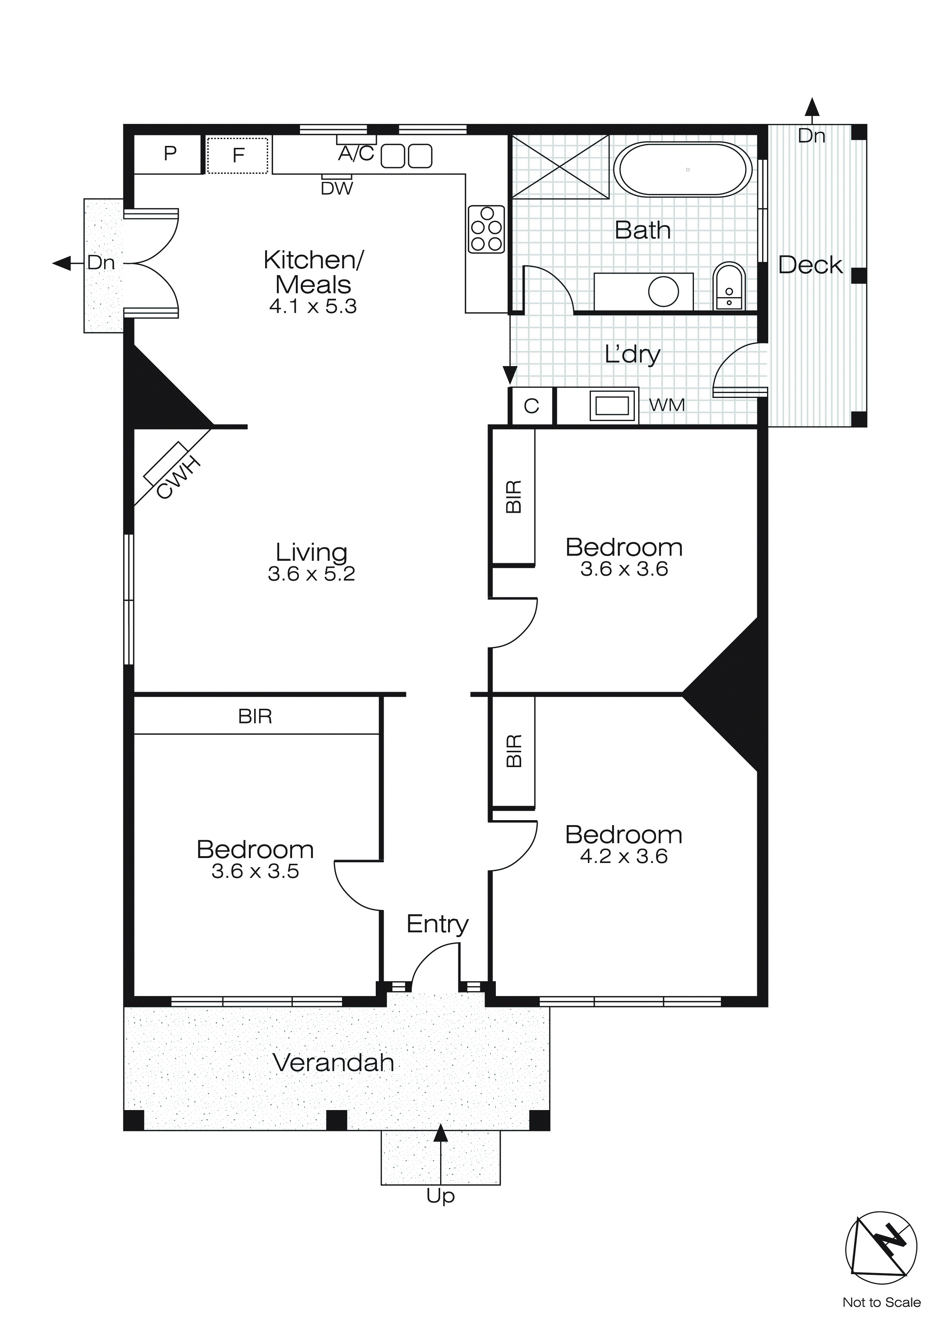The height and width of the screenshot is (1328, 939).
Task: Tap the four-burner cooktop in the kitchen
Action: [486, 229]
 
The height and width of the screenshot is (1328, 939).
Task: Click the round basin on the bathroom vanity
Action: [663, 291]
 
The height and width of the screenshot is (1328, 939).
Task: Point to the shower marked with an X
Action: [560, 167]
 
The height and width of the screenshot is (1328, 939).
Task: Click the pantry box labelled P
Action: [169, 154]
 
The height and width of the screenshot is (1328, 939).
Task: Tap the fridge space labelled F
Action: [237, 155]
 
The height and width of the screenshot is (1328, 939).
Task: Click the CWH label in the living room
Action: [179, 478]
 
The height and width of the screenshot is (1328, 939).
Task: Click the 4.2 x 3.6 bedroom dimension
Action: [623, 857]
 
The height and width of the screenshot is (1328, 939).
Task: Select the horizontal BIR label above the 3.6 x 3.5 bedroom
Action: [255, 717]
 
